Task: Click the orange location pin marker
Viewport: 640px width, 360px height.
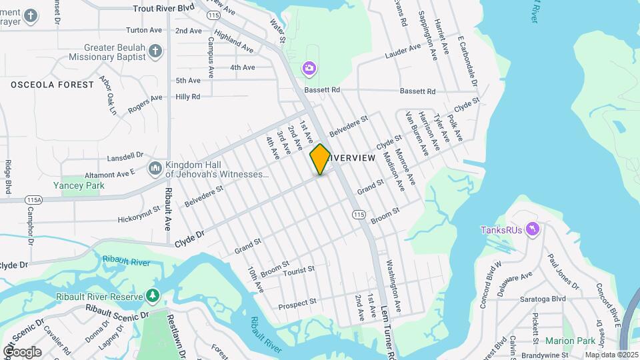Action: pos(320,159)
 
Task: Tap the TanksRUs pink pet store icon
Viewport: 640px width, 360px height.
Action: pos(532,230)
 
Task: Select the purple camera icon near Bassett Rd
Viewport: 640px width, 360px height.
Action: pos(309,67)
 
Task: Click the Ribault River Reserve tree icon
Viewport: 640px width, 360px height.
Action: pos(153,295)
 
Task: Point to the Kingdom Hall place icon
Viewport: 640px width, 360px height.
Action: pos(155,168)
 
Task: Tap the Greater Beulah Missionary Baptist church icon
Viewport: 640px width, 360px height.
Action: pos(155,51)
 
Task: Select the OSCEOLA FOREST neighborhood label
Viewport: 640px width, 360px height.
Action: pos(52,85)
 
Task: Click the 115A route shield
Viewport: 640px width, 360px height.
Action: pos(33,199)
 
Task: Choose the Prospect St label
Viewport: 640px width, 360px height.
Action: pos(297,303)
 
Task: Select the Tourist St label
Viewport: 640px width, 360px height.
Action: pos(298,269)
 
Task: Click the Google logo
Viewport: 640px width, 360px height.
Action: pos(21,351)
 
